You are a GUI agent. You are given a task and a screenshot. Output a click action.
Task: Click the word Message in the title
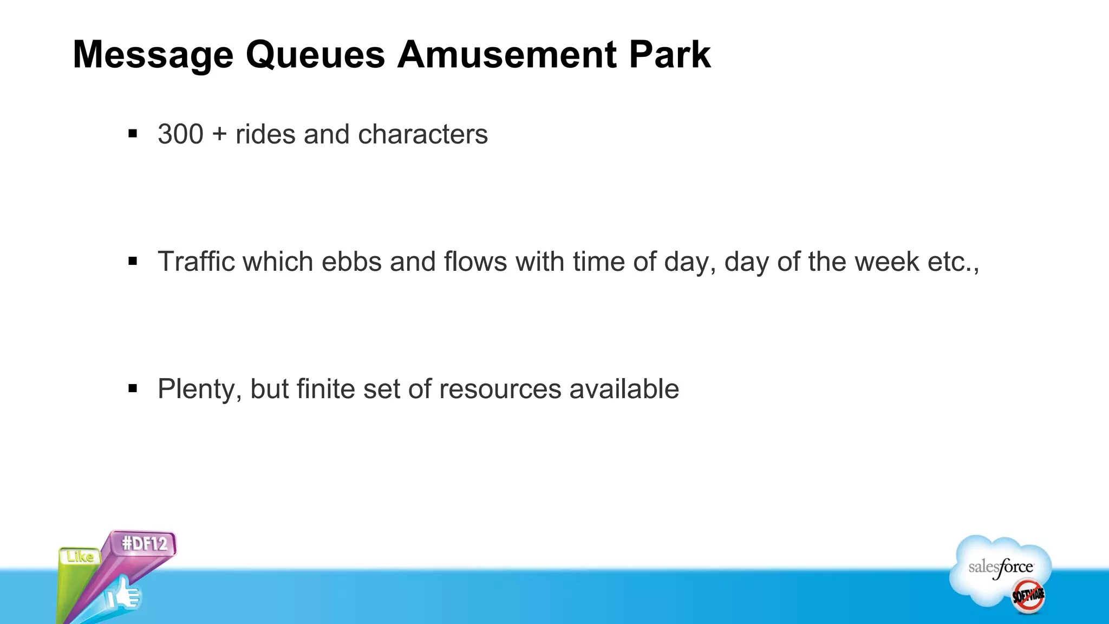click(x=153, y=55)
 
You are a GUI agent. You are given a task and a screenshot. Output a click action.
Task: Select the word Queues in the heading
click(x=315, y=55)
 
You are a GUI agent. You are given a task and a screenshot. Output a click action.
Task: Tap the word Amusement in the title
click(x=507, y=55)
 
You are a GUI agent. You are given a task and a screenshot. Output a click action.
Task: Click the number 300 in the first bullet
click(x=180, y=134)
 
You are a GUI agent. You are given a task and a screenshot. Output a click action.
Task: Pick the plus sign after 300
click(x=219, y=134)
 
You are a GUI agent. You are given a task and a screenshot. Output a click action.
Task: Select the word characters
click(x=423, y=134)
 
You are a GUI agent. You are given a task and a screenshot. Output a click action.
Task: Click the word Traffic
click(x=195, y=261)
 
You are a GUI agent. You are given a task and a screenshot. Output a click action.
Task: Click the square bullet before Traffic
click(x=133, y=262)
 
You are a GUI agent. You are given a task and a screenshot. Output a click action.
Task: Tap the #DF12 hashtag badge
click(x=144, y=543)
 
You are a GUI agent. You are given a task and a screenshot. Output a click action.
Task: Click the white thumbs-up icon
click(x=123, y=595)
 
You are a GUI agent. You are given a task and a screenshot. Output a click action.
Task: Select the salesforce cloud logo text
click(x=1001, y=568)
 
